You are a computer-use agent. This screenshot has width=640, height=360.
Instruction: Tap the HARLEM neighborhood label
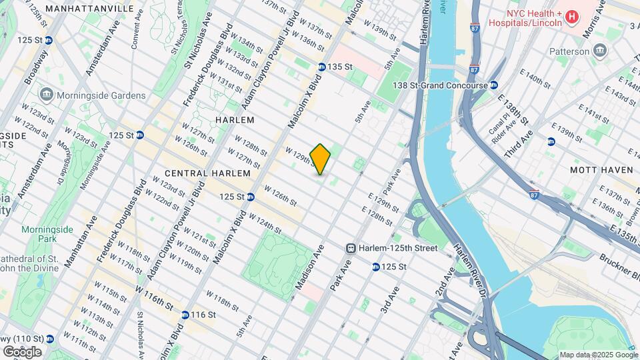pos(235,120)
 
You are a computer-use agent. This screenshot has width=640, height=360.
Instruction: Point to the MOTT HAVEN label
pos(596,170)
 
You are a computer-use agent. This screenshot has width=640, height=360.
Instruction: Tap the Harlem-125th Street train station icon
pos(350,248)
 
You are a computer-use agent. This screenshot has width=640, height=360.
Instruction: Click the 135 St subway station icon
pos(321,67)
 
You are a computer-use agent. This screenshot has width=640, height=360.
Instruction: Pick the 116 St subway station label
pos(203,315)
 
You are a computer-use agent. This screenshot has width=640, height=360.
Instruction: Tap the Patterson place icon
pos(599,51)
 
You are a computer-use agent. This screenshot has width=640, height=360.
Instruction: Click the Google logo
pos(22,351)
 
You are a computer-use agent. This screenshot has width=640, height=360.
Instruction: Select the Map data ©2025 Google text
pos(597,355)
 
